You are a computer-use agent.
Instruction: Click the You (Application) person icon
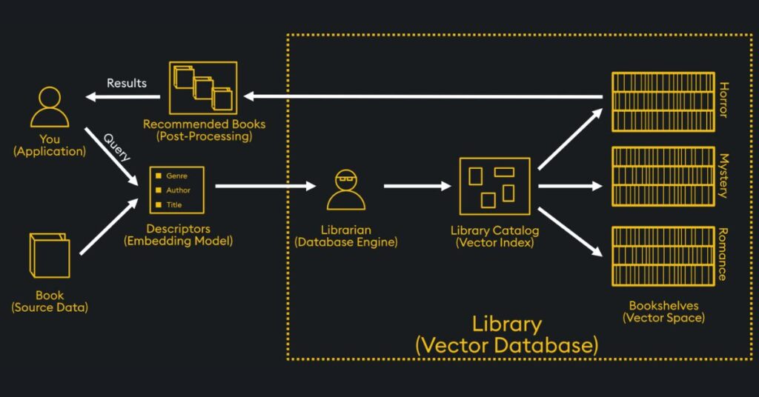(x=50, y=107)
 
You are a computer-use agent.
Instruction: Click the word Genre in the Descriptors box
(x=176, y=176)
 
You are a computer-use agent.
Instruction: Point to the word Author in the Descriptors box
(x=179, y=190)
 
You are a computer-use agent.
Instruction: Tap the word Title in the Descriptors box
(x=174, y=204)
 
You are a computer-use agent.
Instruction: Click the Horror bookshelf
(x=662, y=101)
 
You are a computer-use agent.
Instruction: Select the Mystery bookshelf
(x=662, y=176)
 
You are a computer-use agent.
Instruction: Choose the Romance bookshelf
(x=662, y=256)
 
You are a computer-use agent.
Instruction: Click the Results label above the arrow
(x=127, y=83)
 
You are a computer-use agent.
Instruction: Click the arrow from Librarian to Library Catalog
(x=417, y=186)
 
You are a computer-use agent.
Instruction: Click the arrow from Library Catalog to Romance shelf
(x=569, y=232)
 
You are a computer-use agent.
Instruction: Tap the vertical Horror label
(x=723, y=100)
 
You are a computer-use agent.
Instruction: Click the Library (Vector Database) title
(x=506, y=334)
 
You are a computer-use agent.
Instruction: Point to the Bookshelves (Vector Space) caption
(x=663, y=311)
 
